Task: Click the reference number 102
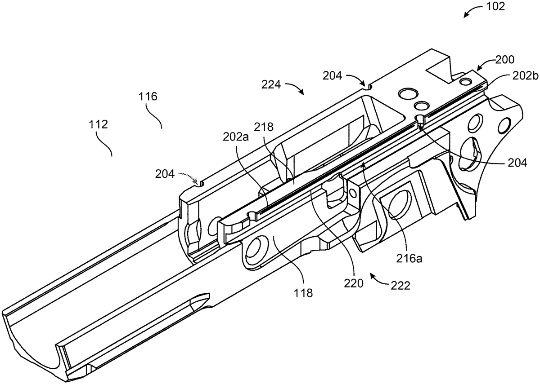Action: coord(496,7)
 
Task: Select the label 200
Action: coord(505,59)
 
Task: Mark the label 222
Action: coord(400,286)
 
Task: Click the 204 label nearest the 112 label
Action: coord(167,173)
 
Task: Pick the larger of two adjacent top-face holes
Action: coord(408,95)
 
